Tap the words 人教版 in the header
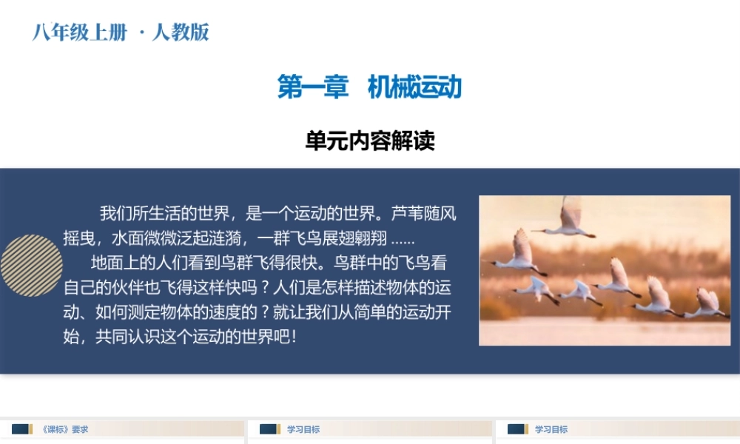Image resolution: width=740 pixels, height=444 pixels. click(x=181, y=32)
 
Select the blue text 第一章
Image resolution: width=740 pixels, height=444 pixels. click(x=313, y=87)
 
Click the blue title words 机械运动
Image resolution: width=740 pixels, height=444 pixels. click(x=414, y=87)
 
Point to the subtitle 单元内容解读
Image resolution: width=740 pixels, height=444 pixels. click(x=370, y=141)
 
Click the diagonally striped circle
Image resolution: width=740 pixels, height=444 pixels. click(x=31, y=265)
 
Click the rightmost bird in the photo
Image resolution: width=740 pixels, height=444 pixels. click(x=707, y=303)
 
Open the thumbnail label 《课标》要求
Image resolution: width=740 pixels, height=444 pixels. click(x=65, y=429)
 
